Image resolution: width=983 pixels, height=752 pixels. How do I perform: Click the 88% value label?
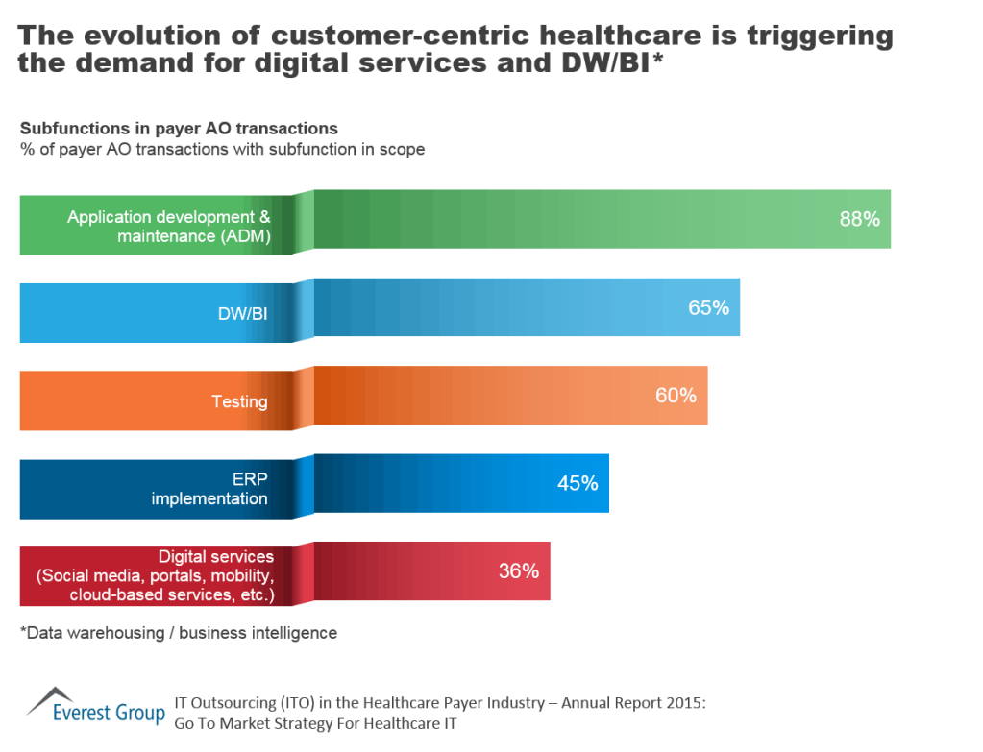859,219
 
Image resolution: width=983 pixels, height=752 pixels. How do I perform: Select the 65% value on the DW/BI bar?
708,307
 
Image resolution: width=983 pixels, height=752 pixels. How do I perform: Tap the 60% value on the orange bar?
676,395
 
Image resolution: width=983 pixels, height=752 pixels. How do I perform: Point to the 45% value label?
578,483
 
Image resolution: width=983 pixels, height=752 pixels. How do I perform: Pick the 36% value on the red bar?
518,570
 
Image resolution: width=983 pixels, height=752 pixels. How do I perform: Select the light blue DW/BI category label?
242,314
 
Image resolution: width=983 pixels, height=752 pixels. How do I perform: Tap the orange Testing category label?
239,401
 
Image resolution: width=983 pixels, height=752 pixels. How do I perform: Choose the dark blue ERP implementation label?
209,489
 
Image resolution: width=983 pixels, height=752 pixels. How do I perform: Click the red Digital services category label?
157,576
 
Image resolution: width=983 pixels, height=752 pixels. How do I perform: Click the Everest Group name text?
108,713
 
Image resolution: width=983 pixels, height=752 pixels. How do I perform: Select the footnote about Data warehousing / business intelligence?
179,633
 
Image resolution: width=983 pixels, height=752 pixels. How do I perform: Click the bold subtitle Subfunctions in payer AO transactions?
179,128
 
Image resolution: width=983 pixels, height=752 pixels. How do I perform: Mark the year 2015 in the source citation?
684,703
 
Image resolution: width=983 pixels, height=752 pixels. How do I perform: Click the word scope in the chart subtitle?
404,149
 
